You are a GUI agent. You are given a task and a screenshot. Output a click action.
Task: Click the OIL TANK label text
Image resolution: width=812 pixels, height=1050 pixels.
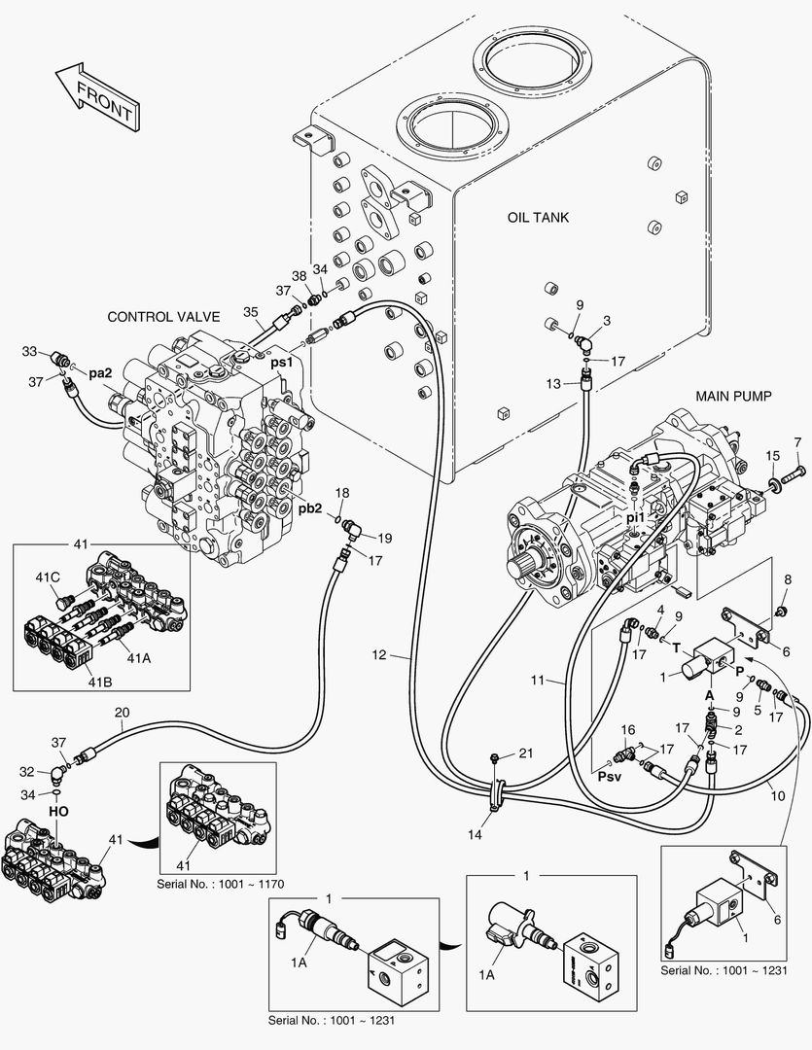click(538, 218)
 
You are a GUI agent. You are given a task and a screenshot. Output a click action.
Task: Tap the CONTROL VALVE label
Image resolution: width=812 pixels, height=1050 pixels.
click(163, 317)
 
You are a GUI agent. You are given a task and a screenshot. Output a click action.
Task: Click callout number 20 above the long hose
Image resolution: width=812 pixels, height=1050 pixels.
click(122, 713)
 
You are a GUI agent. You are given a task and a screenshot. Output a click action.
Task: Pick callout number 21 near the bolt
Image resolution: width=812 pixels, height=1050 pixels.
click(526, 753)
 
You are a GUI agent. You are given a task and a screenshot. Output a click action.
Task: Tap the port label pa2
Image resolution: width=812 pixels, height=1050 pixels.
click(101, 372)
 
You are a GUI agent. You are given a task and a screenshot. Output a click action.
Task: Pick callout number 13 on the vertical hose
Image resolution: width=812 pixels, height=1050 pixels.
click(552, 384)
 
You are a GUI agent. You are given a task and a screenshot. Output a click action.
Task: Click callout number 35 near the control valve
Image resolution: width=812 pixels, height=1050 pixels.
click(251, 312)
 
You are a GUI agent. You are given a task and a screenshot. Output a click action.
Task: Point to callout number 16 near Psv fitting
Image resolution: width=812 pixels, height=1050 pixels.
click(628, 729)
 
